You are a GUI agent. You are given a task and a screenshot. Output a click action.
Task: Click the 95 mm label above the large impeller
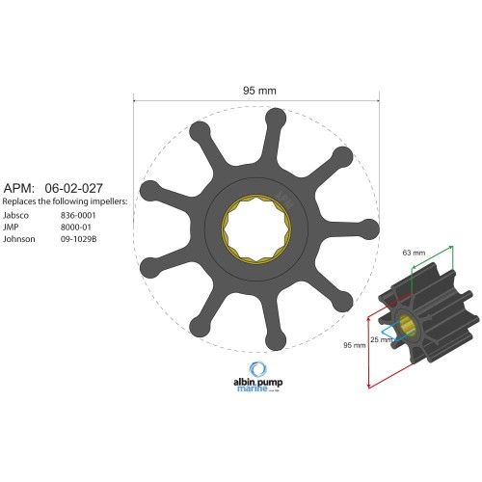(x=257, y=90)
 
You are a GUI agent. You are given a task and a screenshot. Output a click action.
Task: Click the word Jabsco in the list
(x=16, y=215)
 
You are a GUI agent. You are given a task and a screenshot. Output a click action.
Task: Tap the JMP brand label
(x=12, y=227)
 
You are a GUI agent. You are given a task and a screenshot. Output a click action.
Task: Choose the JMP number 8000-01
(x=75, y=227)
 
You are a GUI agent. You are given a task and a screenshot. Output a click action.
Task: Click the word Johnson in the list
(x=18, y=238)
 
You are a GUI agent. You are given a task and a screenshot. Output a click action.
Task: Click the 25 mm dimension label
(x=380, y=338)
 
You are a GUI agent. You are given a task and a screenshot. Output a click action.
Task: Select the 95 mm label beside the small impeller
(x=354, y=344)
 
